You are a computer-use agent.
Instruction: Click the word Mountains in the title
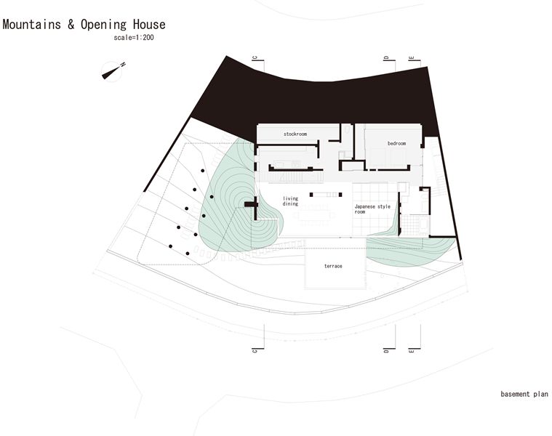[32, 25]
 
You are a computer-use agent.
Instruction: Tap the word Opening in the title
[103, 25]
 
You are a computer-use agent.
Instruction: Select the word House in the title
[149, 25]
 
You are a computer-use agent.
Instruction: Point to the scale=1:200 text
[134, 37]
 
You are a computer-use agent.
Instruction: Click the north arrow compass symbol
[113, 71]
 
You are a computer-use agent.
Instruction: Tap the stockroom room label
[295, 134]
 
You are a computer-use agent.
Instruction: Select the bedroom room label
[397, 143]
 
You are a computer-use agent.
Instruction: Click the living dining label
[290, 201]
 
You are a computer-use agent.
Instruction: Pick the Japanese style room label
[372, 209]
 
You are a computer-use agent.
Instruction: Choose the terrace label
[333, 266]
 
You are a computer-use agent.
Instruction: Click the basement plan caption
[524, 394]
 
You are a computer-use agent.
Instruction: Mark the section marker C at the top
[255, 57]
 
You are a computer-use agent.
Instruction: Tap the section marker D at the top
[386, 57]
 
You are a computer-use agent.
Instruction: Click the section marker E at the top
[412, 58]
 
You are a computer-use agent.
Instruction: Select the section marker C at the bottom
[255, 350]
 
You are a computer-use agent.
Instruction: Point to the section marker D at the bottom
[386, 350]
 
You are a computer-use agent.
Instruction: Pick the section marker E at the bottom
[412, 350]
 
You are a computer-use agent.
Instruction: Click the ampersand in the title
[71, 25]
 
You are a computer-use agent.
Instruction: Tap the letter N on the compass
[123, 65]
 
